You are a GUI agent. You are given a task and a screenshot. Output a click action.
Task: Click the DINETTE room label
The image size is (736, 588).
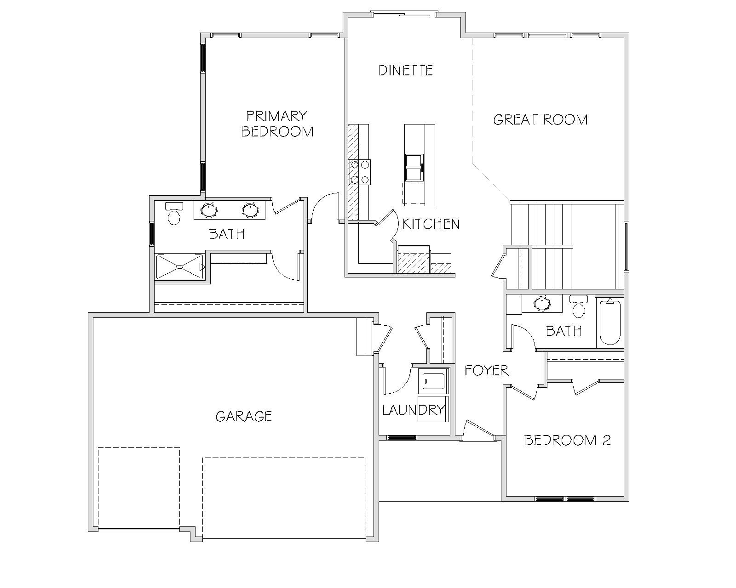tap(405, 70)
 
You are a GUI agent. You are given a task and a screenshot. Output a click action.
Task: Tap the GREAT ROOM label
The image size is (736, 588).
tap(540, 119)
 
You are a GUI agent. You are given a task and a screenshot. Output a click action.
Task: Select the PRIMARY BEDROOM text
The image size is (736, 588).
tap(277, 124)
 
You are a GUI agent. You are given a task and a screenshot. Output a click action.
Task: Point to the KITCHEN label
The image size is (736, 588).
tap(431, 224)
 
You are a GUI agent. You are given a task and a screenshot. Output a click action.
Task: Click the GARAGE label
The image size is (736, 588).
tap(243, 416)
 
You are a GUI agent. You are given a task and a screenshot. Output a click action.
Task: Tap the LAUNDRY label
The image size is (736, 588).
tap(414, 410)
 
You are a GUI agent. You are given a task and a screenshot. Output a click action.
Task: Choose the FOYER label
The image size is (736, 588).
tap(487, 370)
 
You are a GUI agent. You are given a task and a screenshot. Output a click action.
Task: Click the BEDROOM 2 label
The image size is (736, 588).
tap(567, 440)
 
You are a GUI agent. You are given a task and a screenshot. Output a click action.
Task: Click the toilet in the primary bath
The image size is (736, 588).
tap(174, 214)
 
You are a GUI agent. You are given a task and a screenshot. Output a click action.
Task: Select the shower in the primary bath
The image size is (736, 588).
tap(180, 266)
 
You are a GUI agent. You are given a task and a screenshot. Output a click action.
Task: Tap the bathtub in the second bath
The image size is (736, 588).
tap(610, 322)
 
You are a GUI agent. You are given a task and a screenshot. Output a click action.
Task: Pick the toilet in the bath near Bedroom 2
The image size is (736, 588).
tap(578, 306)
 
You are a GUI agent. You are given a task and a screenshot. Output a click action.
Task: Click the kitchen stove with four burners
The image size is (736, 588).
tap(359, 172)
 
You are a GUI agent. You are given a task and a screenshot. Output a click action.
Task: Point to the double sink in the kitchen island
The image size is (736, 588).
tap(414, 167)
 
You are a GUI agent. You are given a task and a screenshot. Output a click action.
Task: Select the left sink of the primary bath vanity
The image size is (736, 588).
tap(209, 210)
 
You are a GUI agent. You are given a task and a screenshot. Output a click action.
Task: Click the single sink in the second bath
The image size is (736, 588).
tap(542, 303)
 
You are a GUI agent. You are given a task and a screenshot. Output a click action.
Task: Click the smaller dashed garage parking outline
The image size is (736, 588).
tap(139, 488)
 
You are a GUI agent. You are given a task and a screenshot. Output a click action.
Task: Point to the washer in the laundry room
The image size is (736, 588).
tap(434, 381)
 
